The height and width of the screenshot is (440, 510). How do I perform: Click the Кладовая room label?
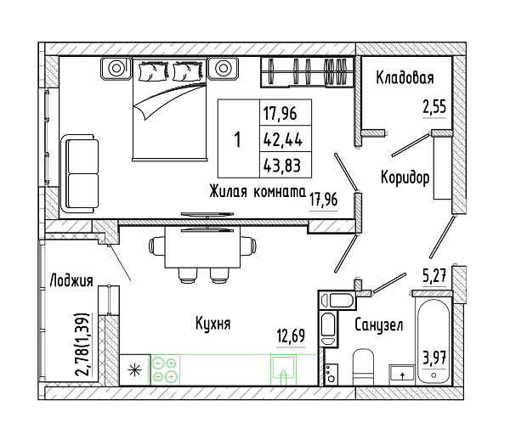coord(405,78)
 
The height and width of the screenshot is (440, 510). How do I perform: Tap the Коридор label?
coord(405,178)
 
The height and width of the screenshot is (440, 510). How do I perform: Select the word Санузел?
coord(378,324)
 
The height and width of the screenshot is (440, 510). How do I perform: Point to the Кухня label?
coord(213,324)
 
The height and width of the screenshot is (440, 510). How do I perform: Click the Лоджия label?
coord(71,280)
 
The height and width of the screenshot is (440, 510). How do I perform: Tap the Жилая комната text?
coord(258,191)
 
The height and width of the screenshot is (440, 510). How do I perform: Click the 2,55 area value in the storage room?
coord(434,107)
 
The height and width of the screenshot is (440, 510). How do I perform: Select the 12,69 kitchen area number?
coord(291,336)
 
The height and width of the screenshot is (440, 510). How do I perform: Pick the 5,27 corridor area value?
coord(434,275)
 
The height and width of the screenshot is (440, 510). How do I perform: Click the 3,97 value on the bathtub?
coord(434,359)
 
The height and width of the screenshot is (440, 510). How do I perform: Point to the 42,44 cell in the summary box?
coord(283,140)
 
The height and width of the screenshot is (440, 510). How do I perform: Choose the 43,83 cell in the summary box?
coord(282,166)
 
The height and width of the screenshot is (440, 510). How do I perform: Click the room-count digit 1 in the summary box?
coord(238,139)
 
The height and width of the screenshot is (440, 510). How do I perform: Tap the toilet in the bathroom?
coord(363,367)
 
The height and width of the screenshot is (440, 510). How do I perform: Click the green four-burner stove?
coord(165,369)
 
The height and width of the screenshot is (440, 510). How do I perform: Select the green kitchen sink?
coord(284,369)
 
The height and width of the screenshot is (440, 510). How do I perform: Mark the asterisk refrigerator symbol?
coord(135,370)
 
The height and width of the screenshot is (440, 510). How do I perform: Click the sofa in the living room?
coord(80,174)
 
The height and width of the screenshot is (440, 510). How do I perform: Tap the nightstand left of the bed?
coord(116,68)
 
